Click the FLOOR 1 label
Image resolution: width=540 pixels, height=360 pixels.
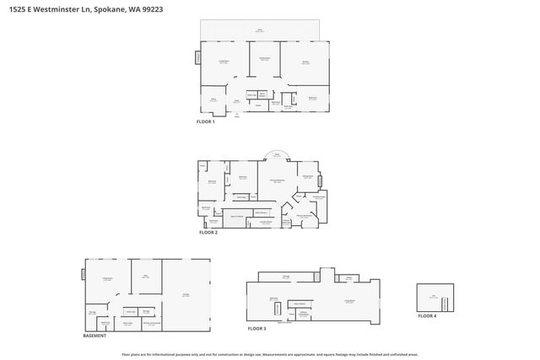click(x=205, y=122)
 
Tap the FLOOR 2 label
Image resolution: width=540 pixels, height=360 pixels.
click(x=208, y=232)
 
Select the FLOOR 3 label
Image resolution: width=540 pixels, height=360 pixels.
click(x=256, y=328)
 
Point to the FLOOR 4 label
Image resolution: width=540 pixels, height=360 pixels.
click(x=429, y=315)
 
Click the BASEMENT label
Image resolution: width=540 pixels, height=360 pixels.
click(x=94, y=336)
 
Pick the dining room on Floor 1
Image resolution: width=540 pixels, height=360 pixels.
click(x=264, y=61)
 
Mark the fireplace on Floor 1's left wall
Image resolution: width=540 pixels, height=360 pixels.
click(x=198, y=58)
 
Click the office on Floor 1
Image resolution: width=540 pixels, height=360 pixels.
click(x=213, y=101)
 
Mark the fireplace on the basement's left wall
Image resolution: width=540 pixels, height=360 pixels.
click(x=83, y=275)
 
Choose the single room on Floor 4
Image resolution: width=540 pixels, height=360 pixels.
click(x=435, y=297)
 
